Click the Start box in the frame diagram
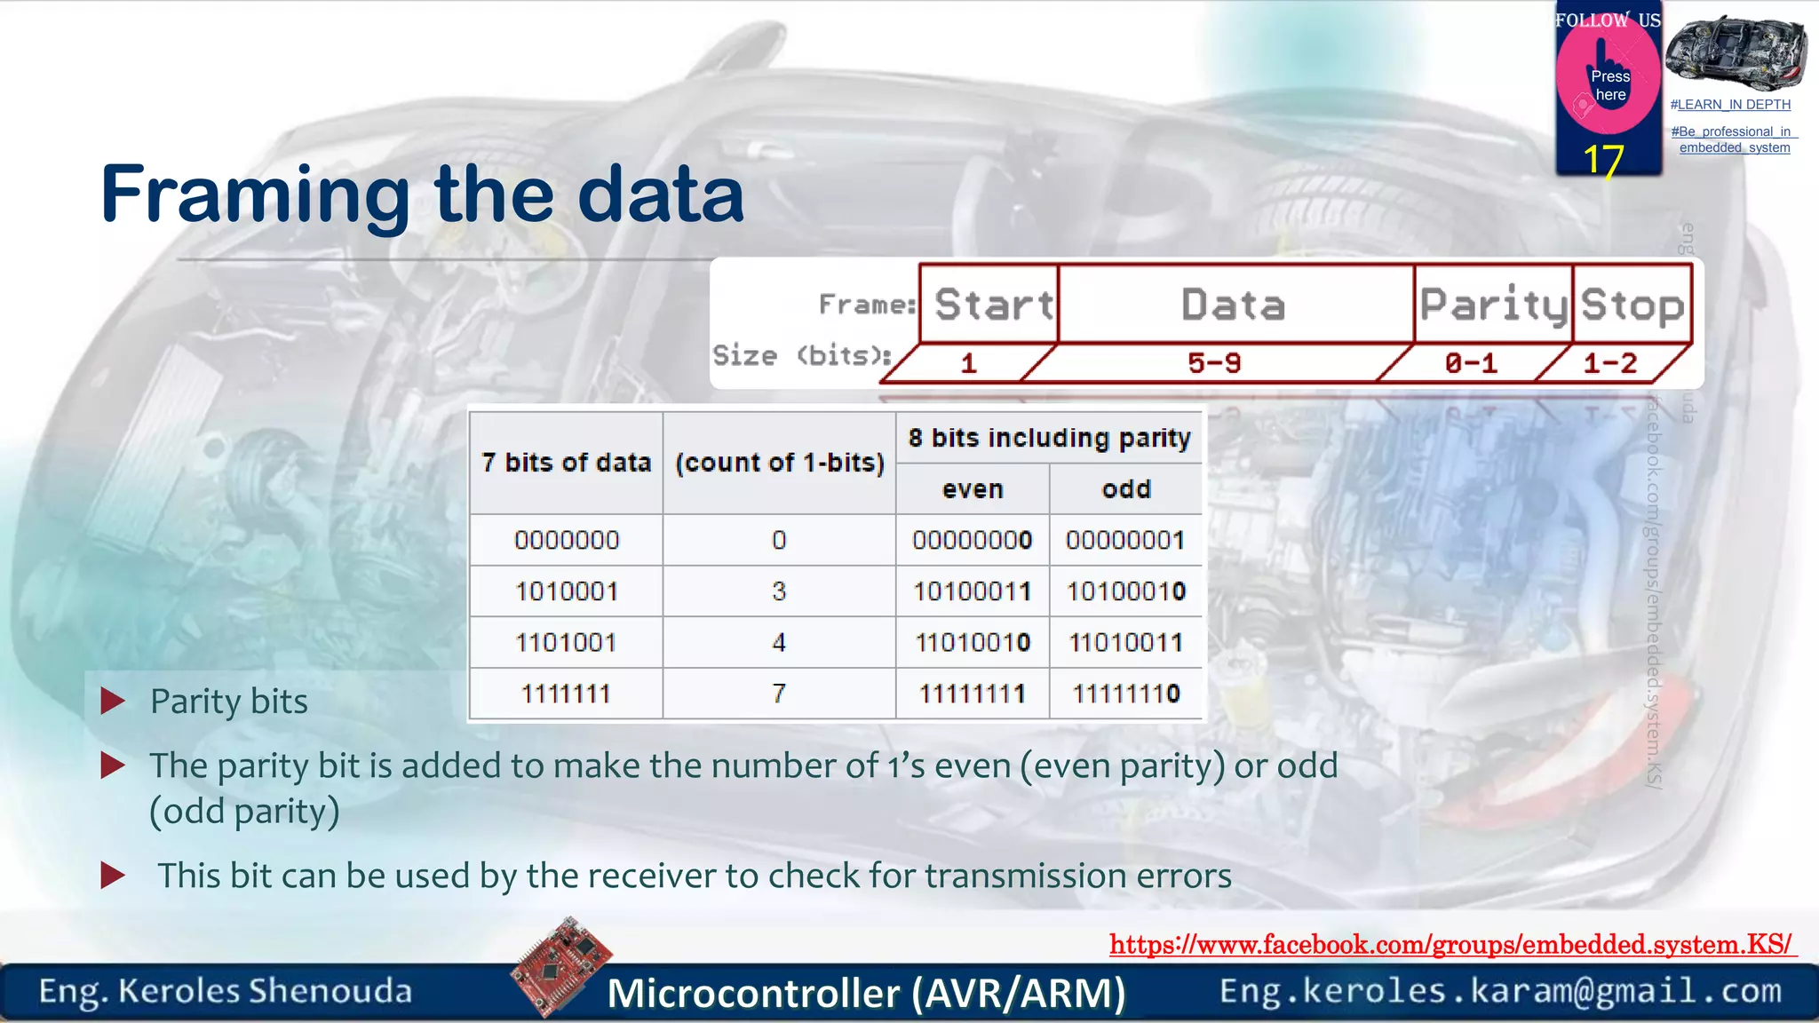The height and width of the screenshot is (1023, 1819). (990, 305)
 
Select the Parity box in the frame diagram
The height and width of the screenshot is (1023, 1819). (1493, 305)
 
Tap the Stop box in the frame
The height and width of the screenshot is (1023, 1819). (1632, 305)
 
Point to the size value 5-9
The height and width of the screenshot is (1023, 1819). (1214, 363)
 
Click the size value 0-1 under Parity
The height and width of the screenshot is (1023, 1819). (1471, 363)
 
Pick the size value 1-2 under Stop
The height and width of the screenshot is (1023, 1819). (1609, 363)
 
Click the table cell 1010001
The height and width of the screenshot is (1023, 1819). (567, 591)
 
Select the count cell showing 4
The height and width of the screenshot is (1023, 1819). (779, 642)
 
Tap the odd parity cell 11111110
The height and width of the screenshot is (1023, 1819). (1126, 694)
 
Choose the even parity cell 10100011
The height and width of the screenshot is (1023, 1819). (973, 591)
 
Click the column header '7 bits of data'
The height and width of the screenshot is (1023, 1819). (567, 463)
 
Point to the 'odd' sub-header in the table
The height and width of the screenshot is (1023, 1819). (1126, 489)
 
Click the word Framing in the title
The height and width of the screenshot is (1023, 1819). (256, 195)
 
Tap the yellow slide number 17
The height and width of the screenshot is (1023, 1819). (1603, 161)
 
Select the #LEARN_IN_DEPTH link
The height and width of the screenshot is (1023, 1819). (1730, 105)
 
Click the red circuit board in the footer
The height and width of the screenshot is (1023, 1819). (561, 966)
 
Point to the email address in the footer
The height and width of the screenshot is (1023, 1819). (1500, 991)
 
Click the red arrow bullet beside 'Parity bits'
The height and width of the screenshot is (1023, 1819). (113, 702)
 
